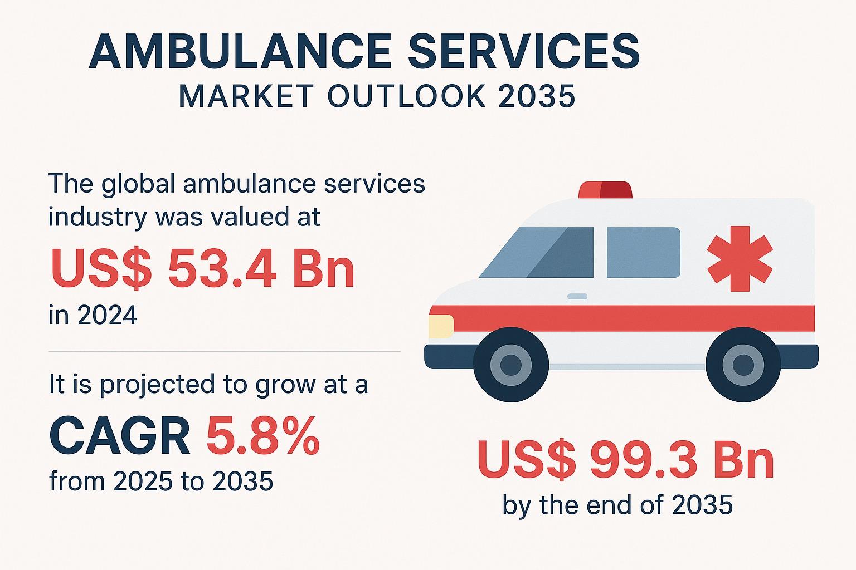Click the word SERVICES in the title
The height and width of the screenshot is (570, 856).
(x=524, y=51)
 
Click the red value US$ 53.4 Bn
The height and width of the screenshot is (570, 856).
(x=203, y=269)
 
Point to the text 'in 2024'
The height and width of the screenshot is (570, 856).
(x=93, y=316)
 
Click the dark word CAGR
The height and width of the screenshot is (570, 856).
(x=120, y=437)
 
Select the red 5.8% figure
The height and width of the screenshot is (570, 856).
(x=263, y=437)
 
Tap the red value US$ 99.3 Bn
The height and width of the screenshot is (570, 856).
(x=625, y=461)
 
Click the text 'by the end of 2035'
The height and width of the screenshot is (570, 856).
(x=617, y=505)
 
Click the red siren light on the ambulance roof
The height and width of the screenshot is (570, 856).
(x=605, y=190)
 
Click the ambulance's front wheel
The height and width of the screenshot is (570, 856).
(x=510, y=365)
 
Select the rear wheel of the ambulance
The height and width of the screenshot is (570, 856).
(x=743, y=365)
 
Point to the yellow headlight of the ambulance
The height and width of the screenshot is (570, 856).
(x=441, y=326)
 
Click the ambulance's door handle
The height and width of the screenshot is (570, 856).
(x=577, y=296)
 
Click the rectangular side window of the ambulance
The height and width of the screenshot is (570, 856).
(x=643, y=252)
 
